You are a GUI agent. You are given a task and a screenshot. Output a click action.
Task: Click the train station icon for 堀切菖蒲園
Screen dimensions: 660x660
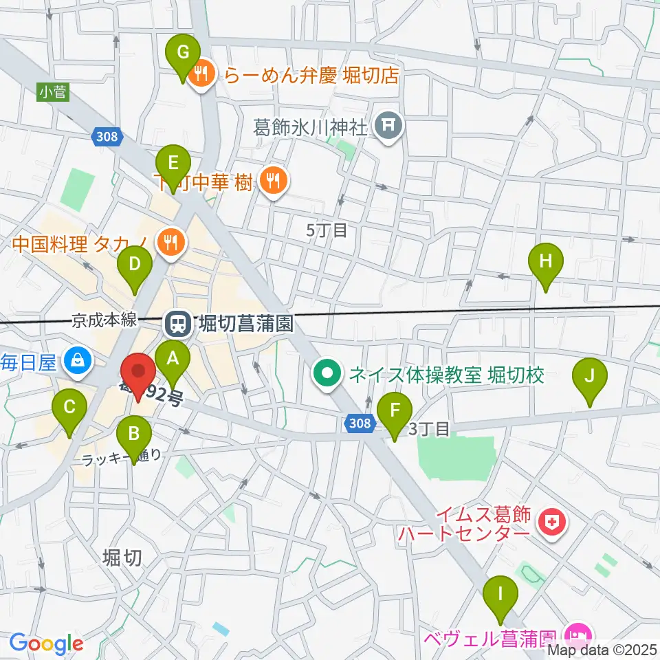[x=175, y=321]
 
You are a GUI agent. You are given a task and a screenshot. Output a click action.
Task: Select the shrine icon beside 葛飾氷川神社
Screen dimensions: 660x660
[x=388, y=124]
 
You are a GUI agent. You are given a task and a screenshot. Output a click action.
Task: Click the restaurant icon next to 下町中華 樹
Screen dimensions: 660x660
[x=274, y=181]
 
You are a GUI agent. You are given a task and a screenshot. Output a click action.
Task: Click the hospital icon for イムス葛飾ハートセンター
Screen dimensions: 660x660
[x=551, y=524]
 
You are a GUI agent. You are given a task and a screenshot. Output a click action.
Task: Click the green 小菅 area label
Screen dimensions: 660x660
[x=53, y=91]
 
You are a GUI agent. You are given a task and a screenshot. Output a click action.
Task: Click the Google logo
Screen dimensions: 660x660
[x=46, y=643]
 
